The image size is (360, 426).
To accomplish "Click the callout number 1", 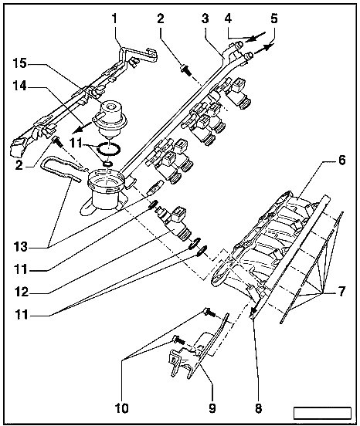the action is [114, 19].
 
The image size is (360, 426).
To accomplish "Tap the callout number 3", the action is [205, 19].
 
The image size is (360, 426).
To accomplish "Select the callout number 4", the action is [228, 19].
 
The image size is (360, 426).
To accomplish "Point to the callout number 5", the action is [273, 19].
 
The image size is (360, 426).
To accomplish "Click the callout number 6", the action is [341, 161].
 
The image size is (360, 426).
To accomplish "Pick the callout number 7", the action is [341, 292].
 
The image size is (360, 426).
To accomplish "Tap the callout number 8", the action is [258, 407].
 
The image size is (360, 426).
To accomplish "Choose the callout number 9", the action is [212, 407].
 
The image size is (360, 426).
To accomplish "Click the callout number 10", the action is [121, 407].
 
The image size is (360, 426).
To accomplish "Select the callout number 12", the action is [22, 292].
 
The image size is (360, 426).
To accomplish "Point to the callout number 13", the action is [22, 247].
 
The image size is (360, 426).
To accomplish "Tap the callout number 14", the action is [19, 86].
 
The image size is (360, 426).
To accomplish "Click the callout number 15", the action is [19, 63].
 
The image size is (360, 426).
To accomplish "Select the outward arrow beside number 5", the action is [263, 49].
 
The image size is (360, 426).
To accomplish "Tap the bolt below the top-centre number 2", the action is [186, 69].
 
